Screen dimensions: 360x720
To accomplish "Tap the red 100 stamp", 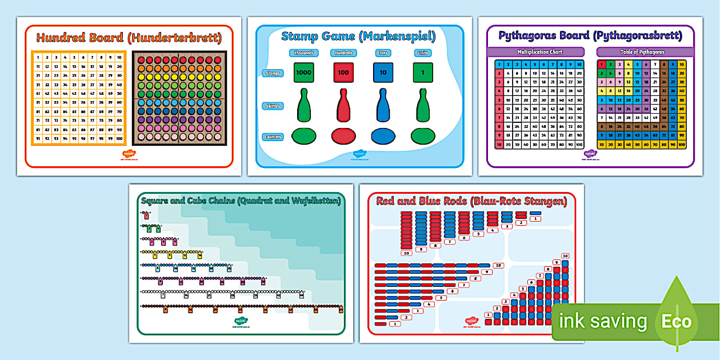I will point(343,73).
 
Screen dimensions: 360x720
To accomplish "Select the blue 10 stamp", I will point(383,73).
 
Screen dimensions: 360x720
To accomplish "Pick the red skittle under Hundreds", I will point(343,105).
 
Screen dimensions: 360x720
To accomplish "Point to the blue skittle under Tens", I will point(383,105).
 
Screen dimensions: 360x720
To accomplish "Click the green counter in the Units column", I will point(422,136).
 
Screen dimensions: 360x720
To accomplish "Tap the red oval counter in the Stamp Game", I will point(343,136).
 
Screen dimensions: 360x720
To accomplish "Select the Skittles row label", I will point(271,106).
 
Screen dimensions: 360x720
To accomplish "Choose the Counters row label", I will point(272,137).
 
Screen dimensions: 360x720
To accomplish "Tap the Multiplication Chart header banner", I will point(535,52).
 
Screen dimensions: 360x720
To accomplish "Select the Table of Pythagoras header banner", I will point(645,52).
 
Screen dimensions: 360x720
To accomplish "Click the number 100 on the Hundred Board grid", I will point(118,138).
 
